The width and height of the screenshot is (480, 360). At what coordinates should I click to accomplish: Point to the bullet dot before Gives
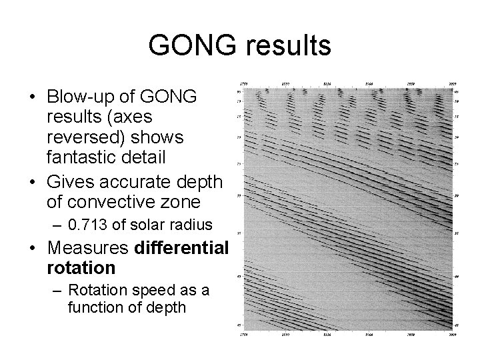[33, 181]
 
